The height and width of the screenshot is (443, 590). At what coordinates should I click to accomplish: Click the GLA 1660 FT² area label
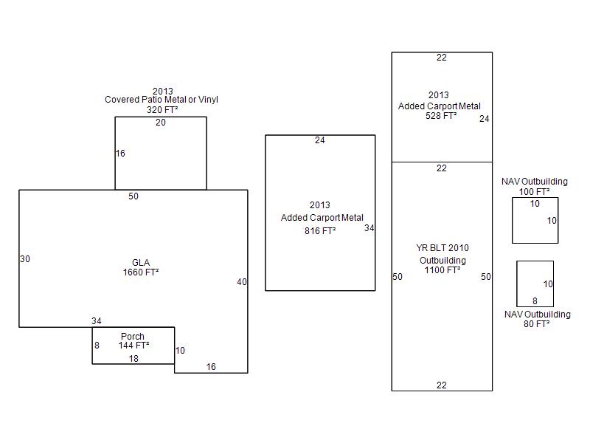141,267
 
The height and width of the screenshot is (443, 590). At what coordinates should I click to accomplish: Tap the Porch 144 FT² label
133,340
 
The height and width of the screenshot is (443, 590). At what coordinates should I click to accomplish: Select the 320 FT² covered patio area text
162,109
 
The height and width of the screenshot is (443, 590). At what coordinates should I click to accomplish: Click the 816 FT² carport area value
320,231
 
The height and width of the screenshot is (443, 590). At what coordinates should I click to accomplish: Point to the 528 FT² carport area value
441,116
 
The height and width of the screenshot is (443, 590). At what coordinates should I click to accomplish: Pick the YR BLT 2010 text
442,248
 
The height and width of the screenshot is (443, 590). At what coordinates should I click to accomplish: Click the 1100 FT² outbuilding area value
442,270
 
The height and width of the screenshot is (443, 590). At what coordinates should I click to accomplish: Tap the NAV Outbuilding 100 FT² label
535,186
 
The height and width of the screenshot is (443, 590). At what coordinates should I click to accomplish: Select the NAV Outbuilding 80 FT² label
537,319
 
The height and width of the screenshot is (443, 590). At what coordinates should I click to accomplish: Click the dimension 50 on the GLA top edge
133,196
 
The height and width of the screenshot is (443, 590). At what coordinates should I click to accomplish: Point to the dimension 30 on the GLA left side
25,259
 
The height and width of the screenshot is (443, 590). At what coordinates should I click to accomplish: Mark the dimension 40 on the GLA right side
242,282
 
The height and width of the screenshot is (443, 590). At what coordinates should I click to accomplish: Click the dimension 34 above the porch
97,321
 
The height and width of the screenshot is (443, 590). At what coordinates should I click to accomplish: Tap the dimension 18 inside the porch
133,359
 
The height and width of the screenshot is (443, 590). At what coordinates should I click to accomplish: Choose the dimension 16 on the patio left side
120,154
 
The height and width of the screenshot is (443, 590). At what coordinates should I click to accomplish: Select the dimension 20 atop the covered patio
161,123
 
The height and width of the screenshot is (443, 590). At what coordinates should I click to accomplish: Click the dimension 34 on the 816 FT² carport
369,228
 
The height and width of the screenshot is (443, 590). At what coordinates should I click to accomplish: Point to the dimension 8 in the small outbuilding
535,301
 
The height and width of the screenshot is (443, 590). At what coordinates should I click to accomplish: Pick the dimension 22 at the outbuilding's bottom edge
442,385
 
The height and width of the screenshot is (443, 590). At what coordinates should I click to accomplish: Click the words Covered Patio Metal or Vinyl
162,100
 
